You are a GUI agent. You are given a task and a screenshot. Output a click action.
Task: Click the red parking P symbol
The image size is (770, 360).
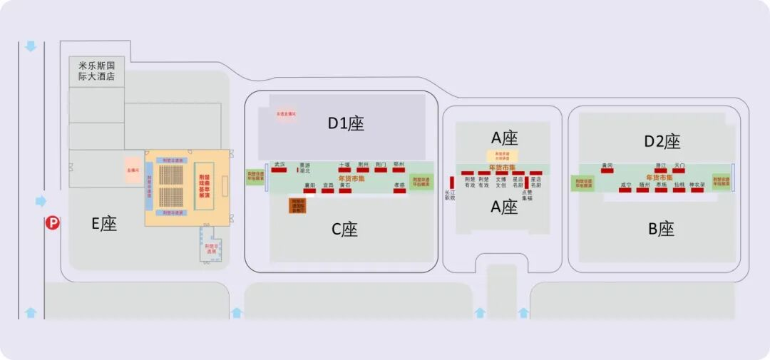[x=53, y=223]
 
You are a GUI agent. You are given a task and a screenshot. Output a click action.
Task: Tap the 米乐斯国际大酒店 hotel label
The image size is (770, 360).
[x=97, y=71]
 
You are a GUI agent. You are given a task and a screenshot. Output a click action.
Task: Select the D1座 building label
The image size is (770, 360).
[x=346, y=123]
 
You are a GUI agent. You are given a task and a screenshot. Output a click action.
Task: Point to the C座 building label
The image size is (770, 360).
[x=345, y=230]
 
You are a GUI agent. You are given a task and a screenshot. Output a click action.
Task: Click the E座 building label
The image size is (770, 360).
[x=104, y=224]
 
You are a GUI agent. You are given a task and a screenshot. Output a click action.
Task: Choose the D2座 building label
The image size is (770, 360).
[x=662, y=142]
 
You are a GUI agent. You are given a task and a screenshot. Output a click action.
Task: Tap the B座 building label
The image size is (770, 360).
[x=661, y=229]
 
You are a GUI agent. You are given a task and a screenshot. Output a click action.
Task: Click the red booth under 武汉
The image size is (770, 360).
[x=279, y=170]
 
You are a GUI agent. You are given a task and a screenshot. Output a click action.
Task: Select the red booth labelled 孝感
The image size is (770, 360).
[x=399, y=191]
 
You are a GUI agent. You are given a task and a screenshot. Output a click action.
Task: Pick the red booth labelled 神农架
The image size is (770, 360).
[x=697, y=190]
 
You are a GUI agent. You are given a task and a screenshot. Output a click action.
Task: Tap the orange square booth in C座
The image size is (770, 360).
[x=297, y=206]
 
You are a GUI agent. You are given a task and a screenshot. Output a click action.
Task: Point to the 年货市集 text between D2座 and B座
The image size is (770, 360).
[x=659, y=178]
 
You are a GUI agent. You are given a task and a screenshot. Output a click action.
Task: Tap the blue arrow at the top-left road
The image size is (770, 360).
[x=31, y=46]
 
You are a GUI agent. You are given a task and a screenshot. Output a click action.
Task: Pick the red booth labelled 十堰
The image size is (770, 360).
[x=345, y=170]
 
